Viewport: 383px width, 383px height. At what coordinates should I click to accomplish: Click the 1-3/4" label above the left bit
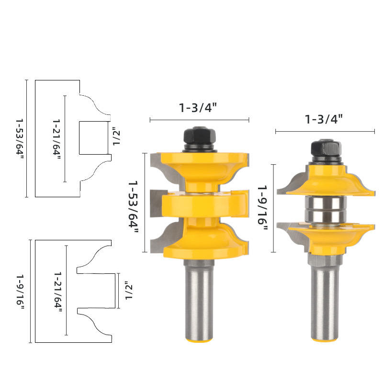click(199, 107)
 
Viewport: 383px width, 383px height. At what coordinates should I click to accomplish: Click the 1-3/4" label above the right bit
click(325, 119)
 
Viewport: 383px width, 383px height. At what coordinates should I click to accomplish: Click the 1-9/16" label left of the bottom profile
click(20, 291)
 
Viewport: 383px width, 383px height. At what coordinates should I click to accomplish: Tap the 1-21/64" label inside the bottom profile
click(58, 292)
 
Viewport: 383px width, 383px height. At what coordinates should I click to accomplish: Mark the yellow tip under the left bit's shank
click(199, 340)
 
